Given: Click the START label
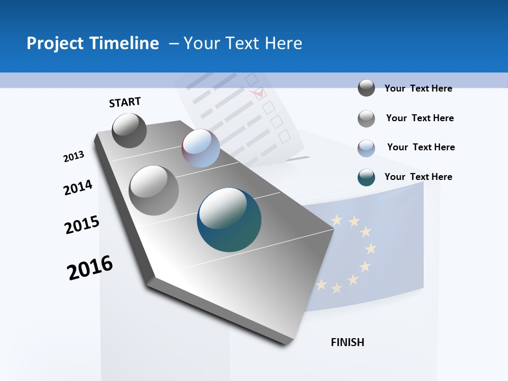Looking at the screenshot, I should [125, 102].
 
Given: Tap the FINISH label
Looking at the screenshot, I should [347, 342].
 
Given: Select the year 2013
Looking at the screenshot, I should [74, 157].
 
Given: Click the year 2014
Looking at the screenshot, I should [78, 188].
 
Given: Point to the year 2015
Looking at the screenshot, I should [82, 225].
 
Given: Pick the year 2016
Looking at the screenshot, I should [90, 268].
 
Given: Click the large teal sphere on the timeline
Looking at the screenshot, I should [229, 220].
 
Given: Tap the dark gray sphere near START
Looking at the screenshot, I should [130, 130].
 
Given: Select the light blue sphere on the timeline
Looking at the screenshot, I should [201, 148].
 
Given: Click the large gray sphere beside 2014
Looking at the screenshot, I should [153, 190].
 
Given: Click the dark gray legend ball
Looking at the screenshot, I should [366, 88].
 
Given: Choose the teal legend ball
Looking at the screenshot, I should [366, 177].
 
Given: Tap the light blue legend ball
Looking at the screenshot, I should [366, 148].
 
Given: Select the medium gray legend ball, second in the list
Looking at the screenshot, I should [366, 119].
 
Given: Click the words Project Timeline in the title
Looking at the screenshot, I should [93, 43].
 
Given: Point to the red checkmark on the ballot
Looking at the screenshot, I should [259, 94].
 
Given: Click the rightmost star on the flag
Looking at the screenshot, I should [371, 248].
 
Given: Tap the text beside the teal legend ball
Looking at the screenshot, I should [418, 177].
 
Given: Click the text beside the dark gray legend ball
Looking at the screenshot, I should [418, 88].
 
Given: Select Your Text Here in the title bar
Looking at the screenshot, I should [242, 43].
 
